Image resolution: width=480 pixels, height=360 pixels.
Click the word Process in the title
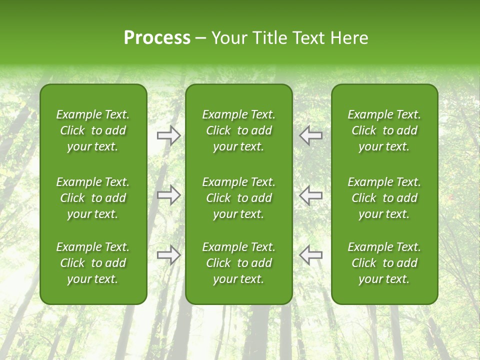[157, 38]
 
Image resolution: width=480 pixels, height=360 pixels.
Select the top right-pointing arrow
[169, 135]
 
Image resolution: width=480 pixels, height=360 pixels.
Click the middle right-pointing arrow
[169, 195]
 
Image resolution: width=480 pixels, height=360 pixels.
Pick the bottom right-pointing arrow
[169, 255]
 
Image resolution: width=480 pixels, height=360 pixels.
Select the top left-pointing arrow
[311, 135]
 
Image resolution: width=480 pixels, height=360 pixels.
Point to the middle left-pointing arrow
[311, 195]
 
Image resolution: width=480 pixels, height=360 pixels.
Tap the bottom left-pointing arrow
[311, 255]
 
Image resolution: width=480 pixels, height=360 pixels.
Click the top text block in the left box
[93, 130]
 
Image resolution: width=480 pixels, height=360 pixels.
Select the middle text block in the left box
[93, 198]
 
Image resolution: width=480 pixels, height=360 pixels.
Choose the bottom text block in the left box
[93, 263]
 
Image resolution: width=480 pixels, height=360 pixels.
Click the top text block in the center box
[239, 130]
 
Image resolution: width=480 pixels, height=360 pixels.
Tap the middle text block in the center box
[239, 198]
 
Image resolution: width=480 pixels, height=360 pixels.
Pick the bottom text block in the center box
[239, 263]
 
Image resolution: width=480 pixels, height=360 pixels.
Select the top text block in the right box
[384, 130]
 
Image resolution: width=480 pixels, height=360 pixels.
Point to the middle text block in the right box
[384, 198]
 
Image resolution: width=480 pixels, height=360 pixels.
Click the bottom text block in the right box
[384, 263]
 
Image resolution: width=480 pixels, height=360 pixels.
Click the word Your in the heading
[227, 38]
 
